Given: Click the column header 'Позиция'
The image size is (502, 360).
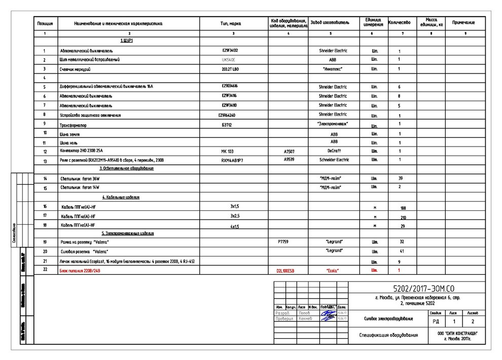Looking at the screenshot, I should [45, 23].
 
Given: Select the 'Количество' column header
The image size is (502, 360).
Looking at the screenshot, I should [399, 23].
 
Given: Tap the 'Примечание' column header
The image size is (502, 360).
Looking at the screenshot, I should [463, 23].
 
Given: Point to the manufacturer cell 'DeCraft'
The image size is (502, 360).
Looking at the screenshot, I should [333, 151].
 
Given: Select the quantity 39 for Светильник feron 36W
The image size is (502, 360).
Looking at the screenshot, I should [400, 178].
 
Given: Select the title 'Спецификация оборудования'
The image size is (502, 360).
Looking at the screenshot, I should [388, 335].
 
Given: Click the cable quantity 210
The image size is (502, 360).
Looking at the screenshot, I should [404, 218].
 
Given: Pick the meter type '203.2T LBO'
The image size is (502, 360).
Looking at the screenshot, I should [230, 68].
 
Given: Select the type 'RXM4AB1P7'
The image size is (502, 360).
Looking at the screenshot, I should [232, 160].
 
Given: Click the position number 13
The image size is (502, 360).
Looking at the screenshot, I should [45, 161].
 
